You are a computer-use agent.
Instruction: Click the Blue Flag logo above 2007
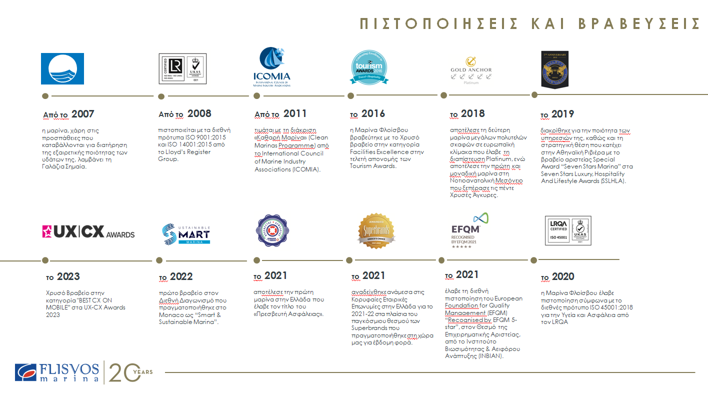tap(62, 68)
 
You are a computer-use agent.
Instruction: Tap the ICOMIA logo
tap(271, 67)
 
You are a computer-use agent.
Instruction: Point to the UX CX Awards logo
tap(88, 231)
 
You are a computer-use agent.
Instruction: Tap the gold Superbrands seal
tap(376, 231)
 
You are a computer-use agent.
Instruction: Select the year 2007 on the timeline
tap(82, 114)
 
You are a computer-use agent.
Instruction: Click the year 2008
tap(199, 113)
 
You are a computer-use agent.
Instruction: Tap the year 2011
tap(295, 113)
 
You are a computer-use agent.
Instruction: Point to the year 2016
tap(373, 113)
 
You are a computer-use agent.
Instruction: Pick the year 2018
tap(472, 113)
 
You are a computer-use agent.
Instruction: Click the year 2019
tap(562, 114)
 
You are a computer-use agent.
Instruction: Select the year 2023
tap(68, 276)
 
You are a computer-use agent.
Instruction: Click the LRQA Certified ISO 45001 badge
tap(567, 230)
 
